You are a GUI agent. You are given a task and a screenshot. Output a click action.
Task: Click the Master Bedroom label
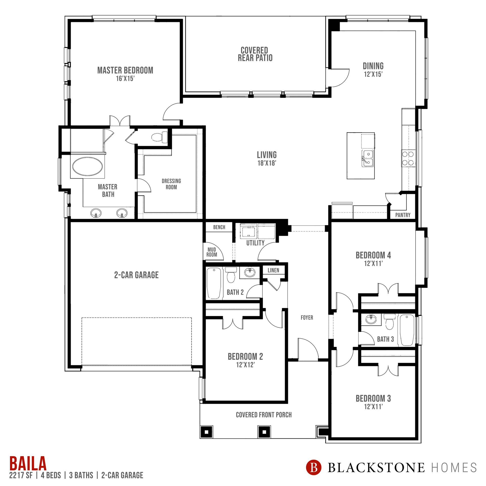click(125, 70)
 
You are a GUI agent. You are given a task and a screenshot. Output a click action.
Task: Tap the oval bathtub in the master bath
click(88, 166)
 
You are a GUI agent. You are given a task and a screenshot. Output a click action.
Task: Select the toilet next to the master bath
click(159, 137)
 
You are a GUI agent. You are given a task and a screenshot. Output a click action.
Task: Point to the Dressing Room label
click(171, 184)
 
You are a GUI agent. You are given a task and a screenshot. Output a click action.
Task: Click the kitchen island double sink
click(368, 158)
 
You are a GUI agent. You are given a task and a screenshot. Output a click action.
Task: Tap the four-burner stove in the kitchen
click(408, 158)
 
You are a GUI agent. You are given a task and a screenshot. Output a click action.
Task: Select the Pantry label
click(403, 215)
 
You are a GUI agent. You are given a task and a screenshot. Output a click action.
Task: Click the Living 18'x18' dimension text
click(267, 163)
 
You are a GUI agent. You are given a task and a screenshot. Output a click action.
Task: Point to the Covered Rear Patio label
click(255, 54)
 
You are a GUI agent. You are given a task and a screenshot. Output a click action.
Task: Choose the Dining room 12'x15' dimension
click(373, 74)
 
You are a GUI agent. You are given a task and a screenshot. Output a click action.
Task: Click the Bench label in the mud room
click(219, 227)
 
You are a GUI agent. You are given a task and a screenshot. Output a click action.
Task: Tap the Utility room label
click(255, 243)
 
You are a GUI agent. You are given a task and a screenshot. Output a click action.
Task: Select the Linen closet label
click(273, 270)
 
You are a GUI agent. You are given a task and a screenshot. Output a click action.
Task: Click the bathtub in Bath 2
click(214, 283)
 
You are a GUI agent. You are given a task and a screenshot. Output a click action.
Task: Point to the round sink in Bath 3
click(371, 320)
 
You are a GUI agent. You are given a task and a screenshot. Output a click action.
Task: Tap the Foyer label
click(307, 317)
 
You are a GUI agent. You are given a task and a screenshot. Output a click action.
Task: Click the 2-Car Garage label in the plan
click(136, 275)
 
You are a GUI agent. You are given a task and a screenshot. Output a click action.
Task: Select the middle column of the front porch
click(264, 432)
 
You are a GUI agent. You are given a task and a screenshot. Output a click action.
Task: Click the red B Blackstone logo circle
click(314, 467)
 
